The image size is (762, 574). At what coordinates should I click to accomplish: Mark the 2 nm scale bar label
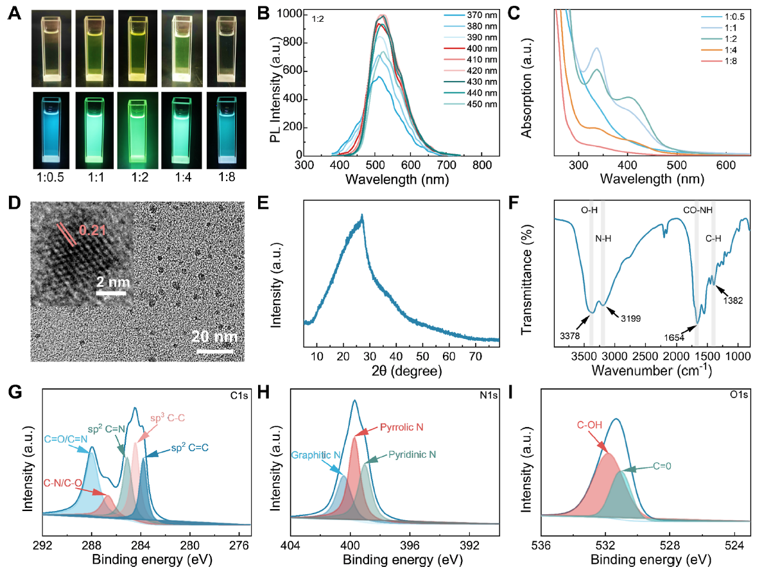tap(111, 281)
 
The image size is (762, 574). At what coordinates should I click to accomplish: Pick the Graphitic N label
tap(316, 455)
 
